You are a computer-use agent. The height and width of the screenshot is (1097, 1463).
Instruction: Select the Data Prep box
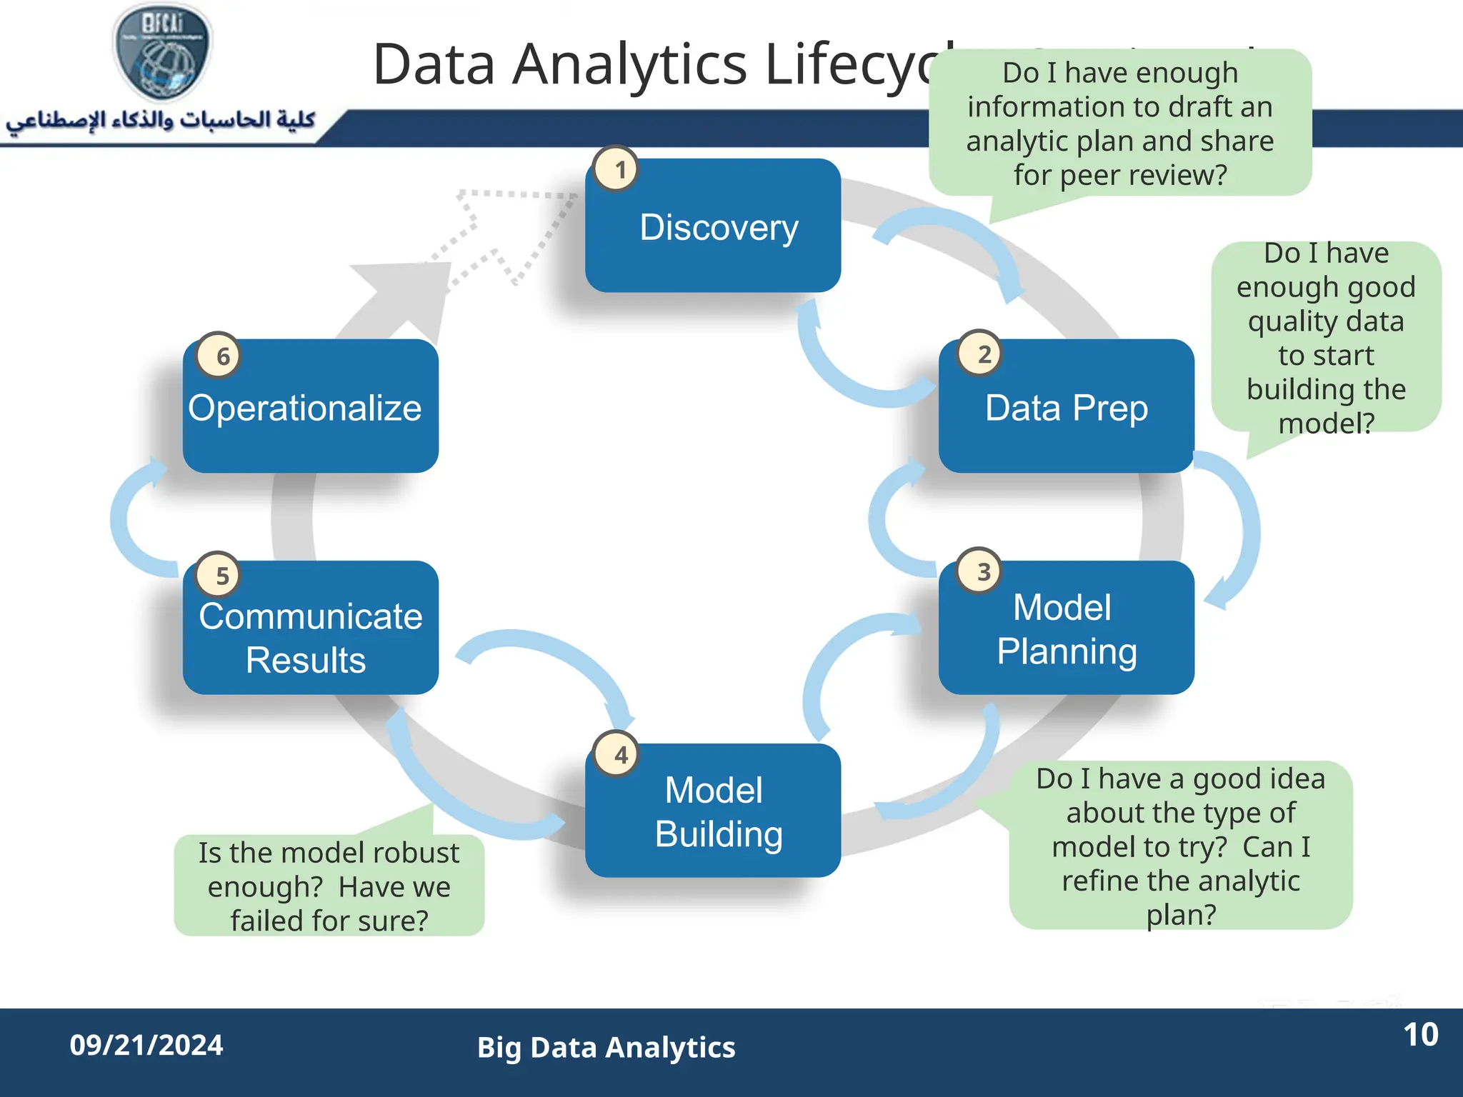pos(1066,408)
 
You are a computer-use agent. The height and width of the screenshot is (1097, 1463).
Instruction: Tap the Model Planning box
pos(1066,629)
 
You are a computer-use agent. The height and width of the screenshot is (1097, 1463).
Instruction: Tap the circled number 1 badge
pos(618,169)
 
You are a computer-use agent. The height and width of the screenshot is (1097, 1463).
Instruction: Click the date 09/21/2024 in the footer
pos(146,1046)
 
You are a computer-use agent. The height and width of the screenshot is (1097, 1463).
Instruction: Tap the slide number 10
pos(1420,1035)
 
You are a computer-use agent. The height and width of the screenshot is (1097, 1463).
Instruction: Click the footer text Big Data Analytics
pos(606,1048)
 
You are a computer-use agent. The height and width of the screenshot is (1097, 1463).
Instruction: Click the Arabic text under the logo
pos(161,120)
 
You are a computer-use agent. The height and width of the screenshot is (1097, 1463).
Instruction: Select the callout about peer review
pos(1119,124)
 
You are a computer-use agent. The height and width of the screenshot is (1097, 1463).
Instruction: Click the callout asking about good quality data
pos(1326,337)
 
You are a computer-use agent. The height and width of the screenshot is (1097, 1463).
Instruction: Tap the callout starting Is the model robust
pos(329,886)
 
